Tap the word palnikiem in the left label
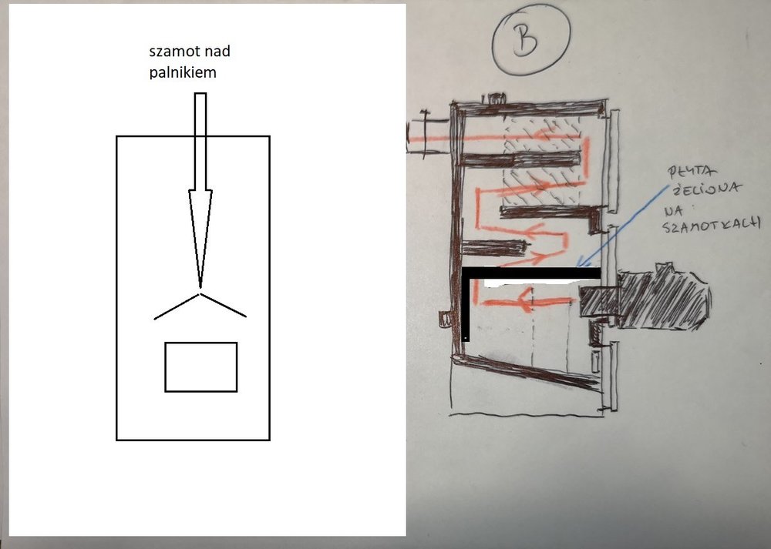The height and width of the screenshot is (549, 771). tap(183, 72)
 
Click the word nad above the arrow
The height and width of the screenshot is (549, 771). tap(215, 51)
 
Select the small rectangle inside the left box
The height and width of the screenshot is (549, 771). tap(201, 367)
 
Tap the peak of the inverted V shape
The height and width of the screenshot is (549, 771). tap(200, 294)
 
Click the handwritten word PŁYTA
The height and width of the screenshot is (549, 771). tap(685, 172)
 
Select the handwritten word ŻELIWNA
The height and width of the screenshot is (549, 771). tap(704, 189)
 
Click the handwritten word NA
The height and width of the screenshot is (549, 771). tap(675, 211)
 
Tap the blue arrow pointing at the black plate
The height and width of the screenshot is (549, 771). tap(624, 225)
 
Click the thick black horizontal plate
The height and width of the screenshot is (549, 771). tap(532, 273)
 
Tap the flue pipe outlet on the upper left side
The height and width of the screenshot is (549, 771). tap(429, 134)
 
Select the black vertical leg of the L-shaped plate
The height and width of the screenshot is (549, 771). tap(466, 304)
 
